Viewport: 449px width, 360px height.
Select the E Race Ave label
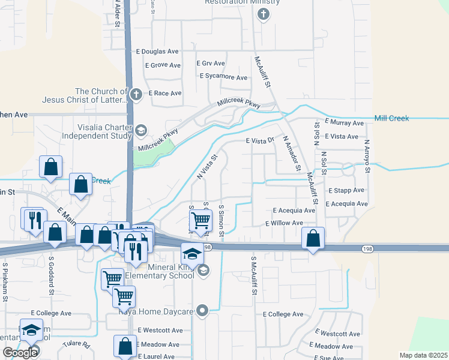tap(164, 93)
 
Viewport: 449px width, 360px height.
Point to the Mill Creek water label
tap(391, 118)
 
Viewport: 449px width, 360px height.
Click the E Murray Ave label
tap(345, 122)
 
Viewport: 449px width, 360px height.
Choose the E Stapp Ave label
tap(346, 190)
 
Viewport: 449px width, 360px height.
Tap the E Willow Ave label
tap(285, 223)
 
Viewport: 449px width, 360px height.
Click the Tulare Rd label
tap(78, 345)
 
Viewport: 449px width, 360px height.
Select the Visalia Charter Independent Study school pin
tap(140, 130)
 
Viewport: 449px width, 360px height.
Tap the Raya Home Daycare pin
tap(203, 311)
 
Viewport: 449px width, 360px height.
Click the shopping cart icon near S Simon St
tap(201, 220)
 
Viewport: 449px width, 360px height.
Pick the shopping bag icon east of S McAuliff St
tap(313, 238)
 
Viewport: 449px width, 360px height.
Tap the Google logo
tap(20, 353)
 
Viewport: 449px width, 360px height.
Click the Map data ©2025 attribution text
tap(424, 355)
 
